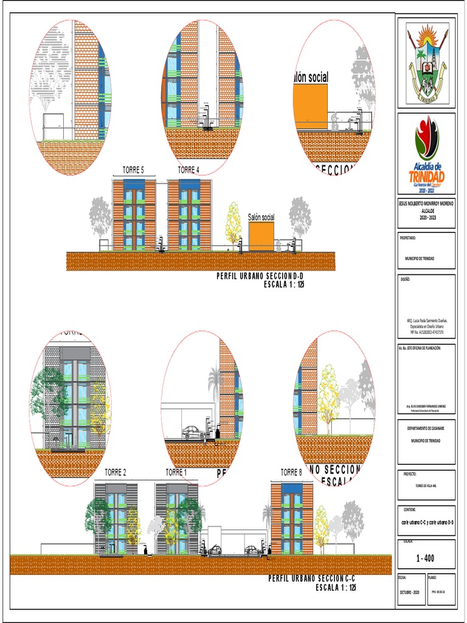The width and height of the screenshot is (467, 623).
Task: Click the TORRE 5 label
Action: click(133, 170)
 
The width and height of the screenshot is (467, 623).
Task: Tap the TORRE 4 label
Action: click(189, 170)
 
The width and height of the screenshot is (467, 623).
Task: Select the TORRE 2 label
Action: click(116, 472)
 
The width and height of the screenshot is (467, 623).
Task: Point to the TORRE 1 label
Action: click(176, 472)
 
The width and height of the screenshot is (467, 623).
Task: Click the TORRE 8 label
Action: click(291, 472)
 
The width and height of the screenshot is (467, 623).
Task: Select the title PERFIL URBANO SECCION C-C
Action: click(311, 578)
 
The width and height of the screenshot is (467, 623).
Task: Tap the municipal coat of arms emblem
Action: click(426, 63)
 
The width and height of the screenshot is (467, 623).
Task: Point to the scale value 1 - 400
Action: click(426, 558)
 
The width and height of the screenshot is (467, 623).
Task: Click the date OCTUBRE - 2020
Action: click(409, 591)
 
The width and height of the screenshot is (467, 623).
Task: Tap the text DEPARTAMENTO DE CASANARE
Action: click(426, 428)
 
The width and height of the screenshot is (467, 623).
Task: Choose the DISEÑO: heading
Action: click(405, 279)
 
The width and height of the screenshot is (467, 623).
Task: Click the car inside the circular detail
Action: click(193, 432)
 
